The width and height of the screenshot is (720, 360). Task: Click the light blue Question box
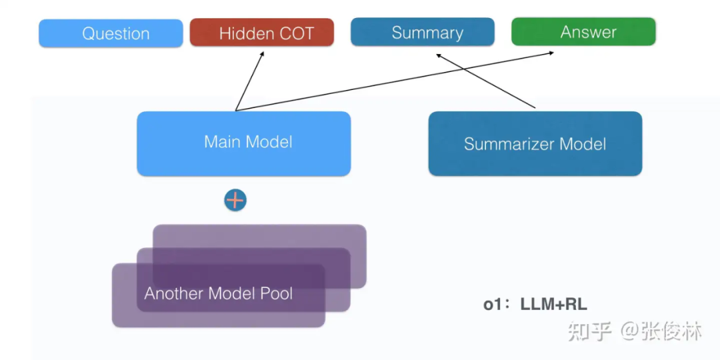111,33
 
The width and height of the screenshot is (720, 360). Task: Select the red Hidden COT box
261,33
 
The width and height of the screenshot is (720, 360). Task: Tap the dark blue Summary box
423,32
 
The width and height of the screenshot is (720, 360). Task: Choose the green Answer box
583,31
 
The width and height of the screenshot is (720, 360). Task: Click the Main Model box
244,143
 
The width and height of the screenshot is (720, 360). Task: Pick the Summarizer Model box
535,144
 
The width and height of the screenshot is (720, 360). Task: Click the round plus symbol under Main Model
235,200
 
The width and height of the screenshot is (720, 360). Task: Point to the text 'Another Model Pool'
218,293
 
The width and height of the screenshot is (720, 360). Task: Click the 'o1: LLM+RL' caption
535,305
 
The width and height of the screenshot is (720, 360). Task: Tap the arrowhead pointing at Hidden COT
262,52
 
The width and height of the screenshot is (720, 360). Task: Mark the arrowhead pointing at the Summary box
439,57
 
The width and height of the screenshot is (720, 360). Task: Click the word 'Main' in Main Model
222,141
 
